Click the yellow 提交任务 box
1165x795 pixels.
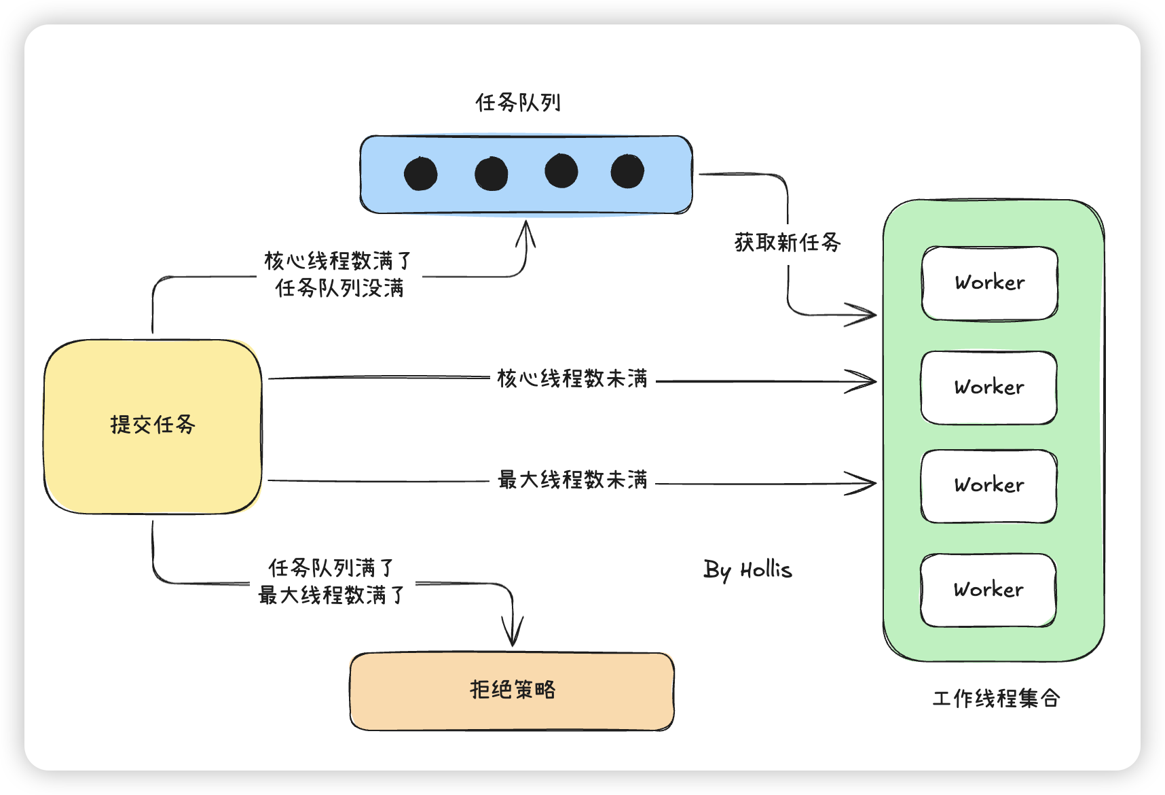(153, 426)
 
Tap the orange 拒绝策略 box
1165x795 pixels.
(512, 691)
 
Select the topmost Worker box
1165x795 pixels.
(990, 283)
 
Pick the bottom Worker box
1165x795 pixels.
(988, 590)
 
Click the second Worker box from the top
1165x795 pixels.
(989, 387)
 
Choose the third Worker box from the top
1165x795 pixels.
(989, 485)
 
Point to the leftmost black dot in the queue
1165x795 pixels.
(421, 174)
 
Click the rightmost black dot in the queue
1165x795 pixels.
(627, 171)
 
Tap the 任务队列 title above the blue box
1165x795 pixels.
(518, 103)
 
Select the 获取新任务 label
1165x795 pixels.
(788, 243)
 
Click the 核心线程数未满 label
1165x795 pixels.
(572, 378)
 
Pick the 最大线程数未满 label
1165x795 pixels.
(572, 480)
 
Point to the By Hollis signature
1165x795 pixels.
(747, 570)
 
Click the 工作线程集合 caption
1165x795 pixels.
(996, 699)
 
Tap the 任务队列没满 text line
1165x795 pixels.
(339, 288)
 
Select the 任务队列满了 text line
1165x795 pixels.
(331, 567)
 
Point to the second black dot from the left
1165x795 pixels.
(492, 174)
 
